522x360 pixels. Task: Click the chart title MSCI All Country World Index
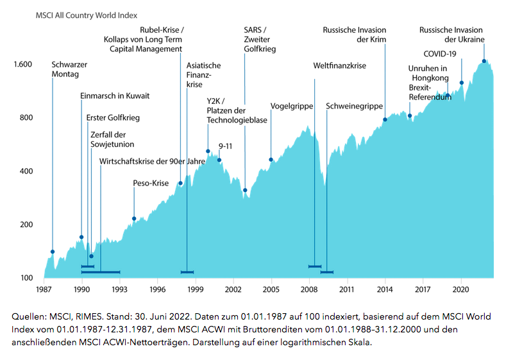(x=87, y=14)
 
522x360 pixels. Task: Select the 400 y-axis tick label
(x=26, y=171)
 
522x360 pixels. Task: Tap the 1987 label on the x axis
(x=44, y=289)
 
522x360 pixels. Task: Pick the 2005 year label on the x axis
(x=271, y=289)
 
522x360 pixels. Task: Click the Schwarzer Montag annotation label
(x=69, y=69)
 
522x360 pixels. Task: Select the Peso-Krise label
(x=150, y=184)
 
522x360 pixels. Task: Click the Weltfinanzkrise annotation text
(x=339, y=66)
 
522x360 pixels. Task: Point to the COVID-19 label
(x=439, y=53)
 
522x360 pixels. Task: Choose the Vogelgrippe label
(x=291, y=106)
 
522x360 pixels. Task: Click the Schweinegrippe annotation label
(x=354, y=106)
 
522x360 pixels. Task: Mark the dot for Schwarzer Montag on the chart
(x=53, y=252)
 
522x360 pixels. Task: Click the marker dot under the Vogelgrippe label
(x=271, y=160)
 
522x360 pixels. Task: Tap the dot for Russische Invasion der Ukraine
(x=484, y=62)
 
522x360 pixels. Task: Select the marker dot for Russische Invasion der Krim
(x=385, y=120)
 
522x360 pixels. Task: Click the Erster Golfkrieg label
(x=113, y=118)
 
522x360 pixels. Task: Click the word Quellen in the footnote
(x=28, y=317)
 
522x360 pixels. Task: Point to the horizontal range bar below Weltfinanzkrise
(x=315, y=266)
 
